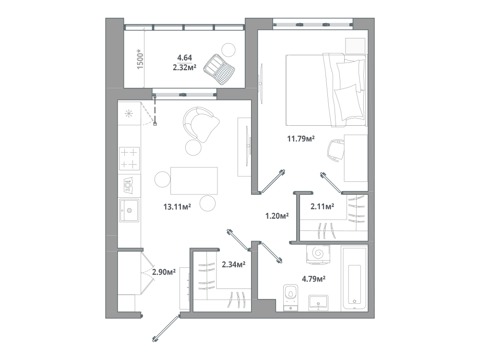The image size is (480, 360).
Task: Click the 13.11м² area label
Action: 177,207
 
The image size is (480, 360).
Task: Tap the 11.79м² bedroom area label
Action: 301,139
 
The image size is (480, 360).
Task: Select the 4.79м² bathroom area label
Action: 313,279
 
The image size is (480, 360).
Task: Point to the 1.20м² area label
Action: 277,216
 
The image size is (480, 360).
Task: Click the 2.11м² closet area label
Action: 322,206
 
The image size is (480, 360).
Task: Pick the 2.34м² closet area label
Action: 234,264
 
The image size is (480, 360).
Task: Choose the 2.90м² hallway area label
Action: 164,272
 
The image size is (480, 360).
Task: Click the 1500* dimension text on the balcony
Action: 140,59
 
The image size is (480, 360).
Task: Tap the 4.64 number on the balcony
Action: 185,58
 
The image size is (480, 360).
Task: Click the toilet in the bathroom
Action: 290,298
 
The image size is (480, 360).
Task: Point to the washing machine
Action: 318,254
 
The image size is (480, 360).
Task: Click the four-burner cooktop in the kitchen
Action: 129,158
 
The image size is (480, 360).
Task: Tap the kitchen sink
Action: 129,210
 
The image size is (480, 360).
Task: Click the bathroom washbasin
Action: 318,303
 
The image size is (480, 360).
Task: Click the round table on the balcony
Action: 228,49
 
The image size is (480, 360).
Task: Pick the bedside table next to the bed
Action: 355,46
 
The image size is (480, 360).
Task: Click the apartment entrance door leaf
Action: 166,329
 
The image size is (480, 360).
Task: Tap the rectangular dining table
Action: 194,181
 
